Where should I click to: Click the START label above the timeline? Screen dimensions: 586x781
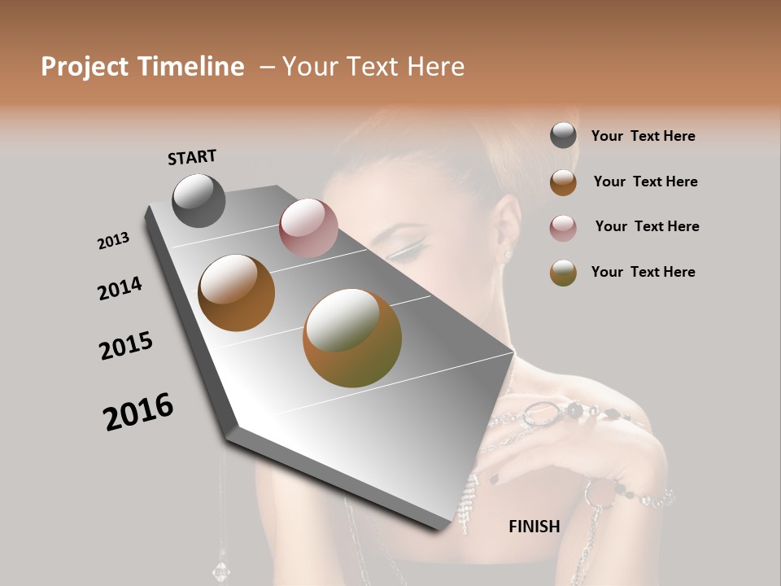(192, 156)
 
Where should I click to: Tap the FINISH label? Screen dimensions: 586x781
(534, 527)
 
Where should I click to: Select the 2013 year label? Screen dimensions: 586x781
(113, 241)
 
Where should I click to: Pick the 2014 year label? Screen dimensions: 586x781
(120, 288)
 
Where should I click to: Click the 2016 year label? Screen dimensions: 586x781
(138, 411)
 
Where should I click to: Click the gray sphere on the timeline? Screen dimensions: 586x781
(199, 200)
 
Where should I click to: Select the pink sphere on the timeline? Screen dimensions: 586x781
(308, 228)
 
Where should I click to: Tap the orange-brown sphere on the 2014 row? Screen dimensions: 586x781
(237, 293)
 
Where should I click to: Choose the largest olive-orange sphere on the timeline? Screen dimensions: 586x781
(352, 338)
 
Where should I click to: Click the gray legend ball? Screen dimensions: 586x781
(563, 136)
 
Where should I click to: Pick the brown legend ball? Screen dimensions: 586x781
(563, 182)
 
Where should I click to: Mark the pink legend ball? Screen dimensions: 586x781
(563, 228)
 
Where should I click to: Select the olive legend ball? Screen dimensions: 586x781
(563, 273)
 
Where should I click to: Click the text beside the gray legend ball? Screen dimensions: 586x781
(643, 137)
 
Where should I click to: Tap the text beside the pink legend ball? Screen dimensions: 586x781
(647, 226)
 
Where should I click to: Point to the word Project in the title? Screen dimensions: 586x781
(85, 67)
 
